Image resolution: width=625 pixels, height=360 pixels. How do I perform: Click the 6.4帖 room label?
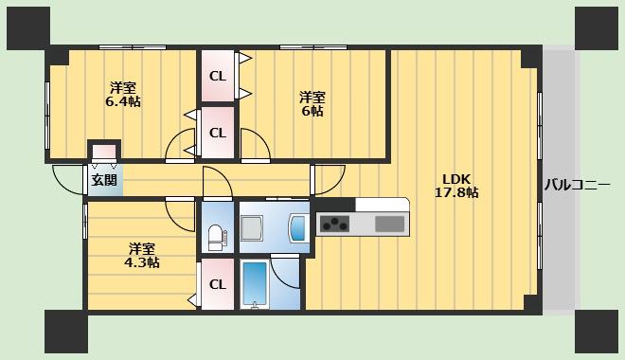(x=123, y=95)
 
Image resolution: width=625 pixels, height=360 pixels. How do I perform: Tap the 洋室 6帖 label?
(x=312, y=104)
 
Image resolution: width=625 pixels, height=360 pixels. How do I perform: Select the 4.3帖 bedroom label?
(x=142, y=256)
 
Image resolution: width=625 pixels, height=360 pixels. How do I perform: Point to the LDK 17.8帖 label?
(x=456, y=186)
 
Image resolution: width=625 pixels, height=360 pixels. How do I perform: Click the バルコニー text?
(x=577, y=185)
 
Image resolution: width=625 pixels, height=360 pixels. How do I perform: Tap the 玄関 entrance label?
(x=104, y=180)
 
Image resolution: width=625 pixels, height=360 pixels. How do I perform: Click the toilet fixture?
(x=217, y=238)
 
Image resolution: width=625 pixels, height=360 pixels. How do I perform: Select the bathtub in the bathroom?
(x=255, y=283)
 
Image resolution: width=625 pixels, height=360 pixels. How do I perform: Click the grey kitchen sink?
(x=390, y=225)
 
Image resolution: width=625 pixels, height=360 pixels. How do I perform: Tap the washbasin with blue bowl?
(x=298, y=227)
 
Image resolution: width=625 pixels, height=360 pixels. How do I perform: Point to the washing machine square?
(x=252, y=228)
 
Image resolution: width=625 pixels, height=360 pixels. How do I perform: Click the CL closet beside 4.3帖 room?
(x=218, y=284)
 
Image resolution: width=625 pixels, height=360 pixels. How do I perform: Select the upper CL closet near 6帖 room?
(x=218, y=76)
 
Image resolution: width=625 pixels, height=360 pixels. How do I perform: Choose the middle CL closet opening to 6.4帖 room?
(x=218, y=133)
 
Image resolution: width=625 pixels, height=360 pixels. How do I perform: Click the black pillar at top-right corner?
(x=597, y=27)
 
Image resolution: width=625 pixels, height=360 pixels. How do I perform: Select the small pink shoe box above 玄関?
(x=104, y=152)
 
